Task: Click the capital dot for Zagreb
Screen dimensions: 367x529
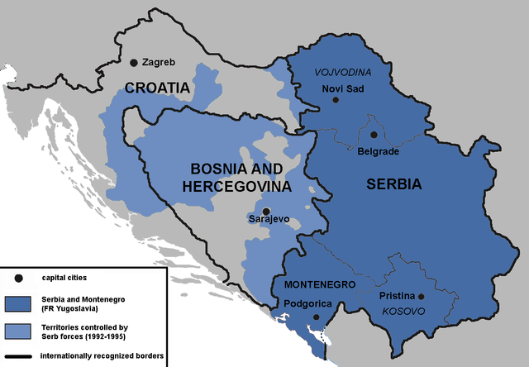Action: tap(133, 63)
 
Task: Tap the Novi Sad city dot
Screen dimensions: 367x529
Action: tap(336, 100)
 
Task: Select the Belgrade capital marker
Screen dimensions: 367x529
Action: tap(374, 135)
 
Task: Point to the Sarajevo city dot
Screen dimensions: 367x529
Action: tap(266, 211)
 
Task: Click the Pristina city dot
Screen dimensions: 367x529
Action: tap(421, 297)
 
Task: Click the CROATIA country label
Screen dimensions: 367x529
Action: tap(158, 88)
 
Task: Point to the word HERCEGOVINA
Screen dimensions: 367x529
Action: tap(237, 188)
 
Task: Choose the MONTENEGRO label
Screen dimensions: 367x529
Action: tap(319, 284)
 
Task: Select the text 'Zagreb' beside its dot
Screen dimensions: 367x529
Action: tap(159, 62)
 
